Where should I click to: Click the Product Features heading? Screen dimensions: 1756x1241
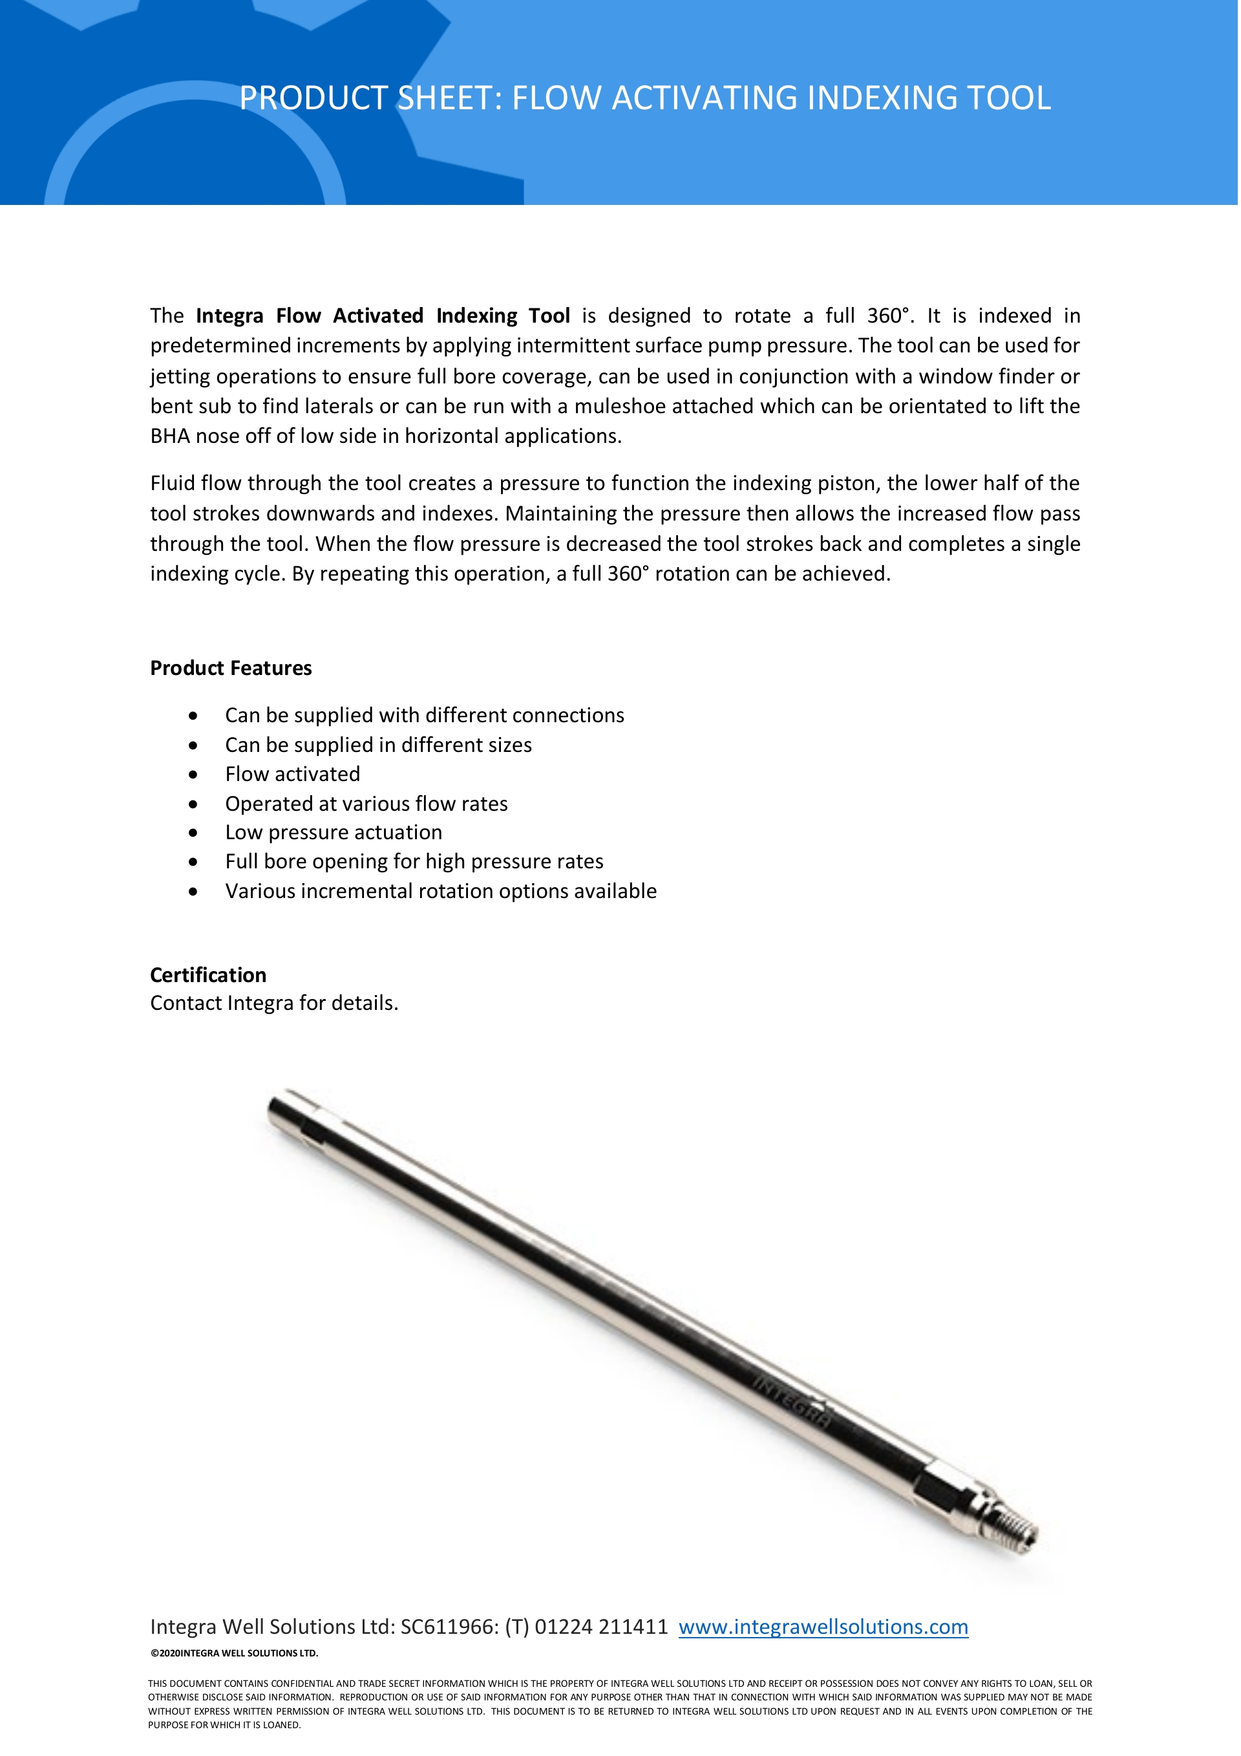point(231,669)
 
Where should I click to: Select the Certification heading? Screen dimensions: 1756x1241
point(208,975)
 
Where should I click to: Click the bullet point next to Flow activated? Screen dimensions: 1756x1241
point(193,775)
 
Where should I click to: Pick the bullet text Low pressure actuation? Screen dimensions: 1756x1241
point(334,832)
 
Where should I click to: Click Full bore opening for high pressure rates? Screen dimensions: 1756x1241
point(414,861)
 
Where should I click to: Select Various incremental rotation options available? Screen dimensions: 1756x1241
point(440,891)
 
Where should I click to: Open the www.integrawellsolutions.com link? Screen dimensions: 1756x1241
point(823,1627)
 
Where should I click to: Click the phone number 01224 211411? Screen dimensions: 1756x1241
point(601,1627)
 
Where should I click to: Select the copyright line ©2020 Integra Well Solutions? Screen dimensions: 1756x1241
point(234,1653)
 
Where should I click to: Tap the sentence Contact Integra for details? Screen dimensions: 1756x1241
point(274,1003)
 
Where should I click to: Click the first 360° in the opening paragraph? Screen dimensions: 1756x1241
point(889,316)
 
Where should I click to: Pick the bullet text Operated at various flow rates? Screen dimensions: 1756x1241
point(366,804)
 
